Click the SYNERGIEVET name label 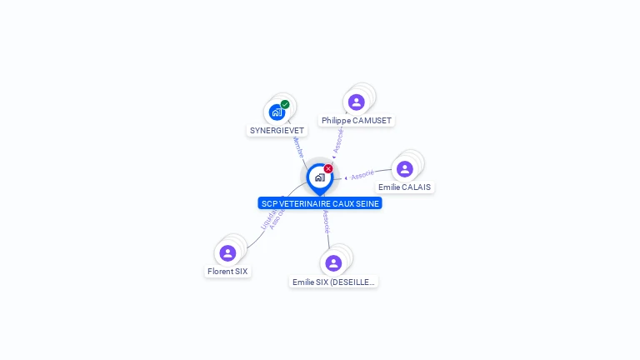pyautogui.click(x=277, y=131)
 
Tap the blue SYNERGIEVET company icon pyautogui.click(x=277, y=112)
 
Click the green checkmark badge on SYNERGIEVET pyautogui.click(x=285, y=105)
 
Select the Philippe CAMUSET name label pyautogui.click(x=356, y=121)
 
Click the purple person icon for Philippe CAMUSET pyautogui.click(x=356, y=102)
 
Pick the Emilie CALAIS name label pyautogui.click(x=404, y=187)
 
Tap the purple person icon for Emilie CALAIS pyautogui.click(x=404, y=169)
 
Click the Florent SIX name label pyautogui.click(x=227, y=272)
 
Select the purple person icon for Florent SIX pyautogui.click(x=227, y=253)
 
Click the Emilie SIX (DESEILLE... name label pyautogui.click(x=333, y=282)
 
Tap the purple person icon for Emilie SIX pyautogui.click(x=333, y=263)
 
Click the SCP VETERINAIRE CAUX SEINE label pyautogui.click(x=320, y=203)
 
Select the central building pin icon pyautogui.click(x=319, y=177)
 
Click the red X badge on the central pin pyautogui.click(x=328, y=169)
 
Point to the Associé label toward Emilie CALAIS pyautogui.click(x=362, y=175)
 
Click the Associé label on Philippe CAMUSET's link pyautogui.click(x=337, y=141)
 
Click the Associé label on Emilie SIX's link pyautogui.click(x=326, y=222)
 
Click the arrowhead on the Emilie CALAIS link pyautogui.click(x=346, y=177)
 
